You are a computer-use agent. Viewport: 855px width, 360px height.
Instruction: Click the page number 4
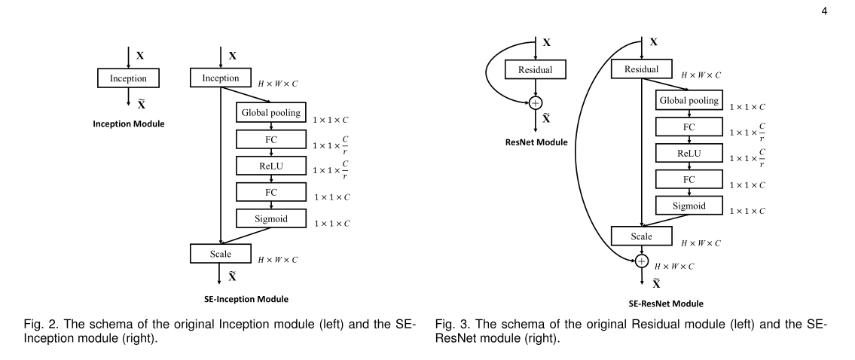pyautogui.click(x=824, y=11)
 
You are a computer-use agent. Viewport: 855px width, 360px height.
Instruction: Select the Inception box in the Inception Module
pyautogui.click(x=128, y=78)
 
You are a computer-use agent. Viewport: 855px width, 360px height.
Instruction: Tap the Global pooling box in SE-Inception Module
pyautogui.click(x=271, y=112)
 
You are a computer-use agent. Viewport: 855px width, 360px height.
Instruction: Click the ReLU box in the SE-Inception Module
pyautogui.click(x=271, y=166)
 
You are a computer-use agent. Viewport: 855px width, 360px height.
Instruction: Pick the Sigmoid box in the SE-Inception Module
pyautogui.click(x=271, y=218)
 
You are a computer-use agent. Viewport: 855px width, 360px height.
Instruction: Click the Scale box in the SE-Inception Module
pyautogui.click(x=220, y=254)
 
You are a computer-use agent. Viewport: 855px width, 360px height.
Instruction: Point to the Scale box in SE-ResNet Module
pyautogui.click(x=641, y=236)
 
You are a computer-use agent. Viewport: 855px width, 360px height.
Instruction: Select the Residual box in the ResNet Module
pyautogui.click(x=536, y=69)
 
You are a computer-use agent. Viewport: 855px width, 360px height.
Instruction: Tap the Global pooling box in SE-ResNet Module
pyautogui.click(x=689, y=100)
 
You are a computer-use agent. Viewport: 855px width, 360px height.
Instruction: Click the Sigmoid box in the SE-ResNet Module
pyautogui.click(x=689, y=206)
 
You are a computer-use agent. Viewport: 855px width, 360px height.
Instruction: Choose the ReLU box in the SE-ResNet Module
pyautogui.click(x=689, y=154)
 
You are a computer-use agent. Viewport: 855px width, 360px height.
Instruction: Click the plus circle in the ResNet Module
pyautogui.click(x=536, y=102)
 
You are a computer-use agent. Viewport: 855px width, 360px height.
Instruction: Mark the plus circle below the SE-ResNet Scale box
pyautogui.click(x=641, y=261)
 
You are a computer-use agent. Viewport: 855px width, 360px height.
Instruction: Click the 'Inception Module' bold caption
pyautogui.click(x=129, y=124)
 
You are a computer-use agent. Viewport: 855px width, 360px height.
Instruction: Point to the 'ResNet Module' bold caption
pyautogui.click(x=536, y=142)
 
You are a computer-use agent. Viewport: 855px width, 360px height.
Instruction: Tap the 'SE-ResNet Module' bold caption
pyautogui.click(x=666, y=304)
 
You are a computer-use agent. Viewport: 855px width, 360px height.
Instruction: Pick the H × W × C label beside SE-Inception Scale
pyautogui.click(x=278, y=260)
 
